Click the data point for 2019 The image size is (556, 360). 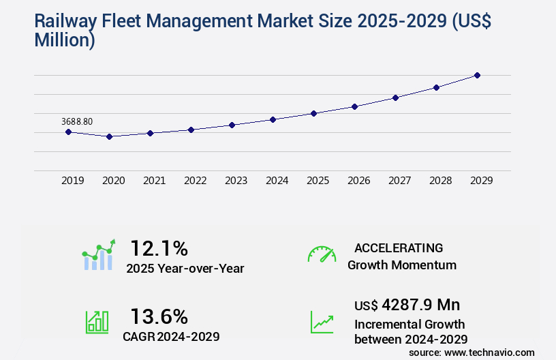coord(68,132)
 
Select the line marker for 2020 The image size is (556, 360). coord(109,136)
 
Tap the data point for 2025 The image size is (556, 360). coord(313,113)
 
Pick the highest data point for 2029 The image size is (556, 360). coord(477,75)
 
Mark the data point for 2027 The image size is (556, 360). coord(395,97)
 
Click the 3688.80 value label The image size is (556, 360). coord(77,121)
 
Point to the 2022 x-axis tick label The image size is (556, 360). coord(195,181)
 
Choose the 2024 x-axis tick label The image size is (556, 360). coord(277,181)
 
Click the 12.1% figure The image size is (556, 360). coord(159,248)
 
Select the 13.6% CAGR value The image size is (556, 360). coord(159,316)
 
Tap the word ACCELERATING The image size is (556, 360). coord(399,248)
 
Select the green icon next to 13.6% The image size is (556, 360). coord(97,322)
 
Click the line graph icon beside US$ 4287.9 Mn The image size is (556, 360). coord(322,322)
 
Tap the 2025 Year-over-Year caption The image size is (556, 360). coord(185,269)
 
